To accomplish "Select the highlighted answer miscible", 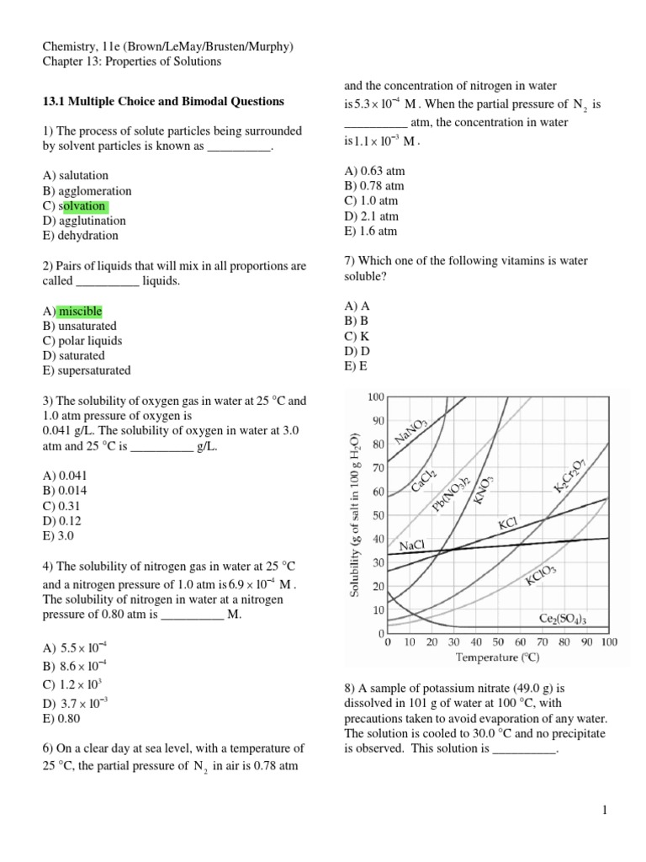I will click(x=80, y=311).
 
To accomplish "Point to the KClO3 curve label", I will click(x=541, y=580).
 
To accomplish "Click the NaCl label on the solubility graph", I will click(x=413, y=545).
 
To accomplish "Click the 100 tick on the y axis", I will click(x=375, y=396).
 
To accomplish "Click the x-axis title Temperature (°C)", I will click(x=498, y=657).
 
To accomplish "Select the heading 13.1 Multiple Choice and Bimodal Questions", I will click(x=163, y=102).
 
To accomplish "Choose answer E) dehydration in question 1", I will click(x=80, y=236).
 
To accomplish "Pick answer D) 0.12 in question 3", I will click(x=63, y=520).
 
